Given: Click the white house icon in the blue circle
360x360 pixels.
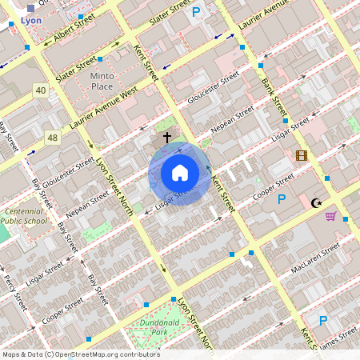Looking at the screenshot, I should tap(180, 173).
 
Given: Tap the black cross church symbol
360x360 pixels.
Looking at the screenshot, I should tap(167, 138).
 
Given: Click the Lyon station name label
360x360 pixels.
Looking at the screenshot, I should tap(31, 21).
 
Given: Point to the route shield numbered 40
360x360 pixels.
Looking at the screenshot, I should tap(41, 90).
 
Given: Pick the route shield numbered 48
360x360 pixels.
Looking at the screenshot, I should tap(53, 138).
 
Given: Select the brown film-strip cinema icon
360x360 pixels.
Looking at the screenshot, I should tap(301, 155).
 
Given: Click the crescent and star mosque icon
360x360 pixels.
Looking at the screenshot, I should tap(318, 202).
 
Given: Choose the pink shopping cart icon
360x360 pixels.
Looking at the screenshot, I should tap(330, 216).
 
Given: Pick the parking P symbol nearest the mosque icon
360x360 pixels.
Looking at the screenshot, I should tap(281, 199).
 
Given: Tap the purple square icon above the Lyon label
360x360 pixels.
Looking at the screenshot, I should tap(30, 7).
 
